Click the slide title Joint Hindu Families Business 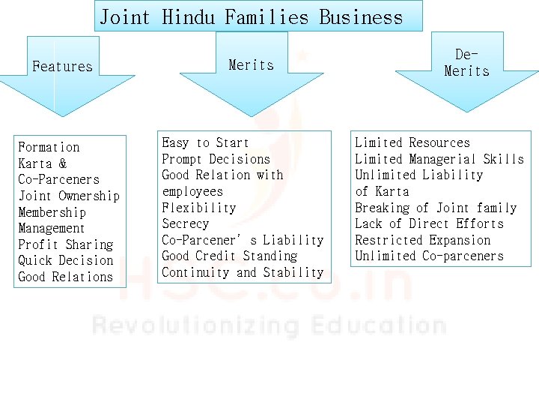(x=251, y=16)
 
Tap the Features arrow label (x=62, y=66)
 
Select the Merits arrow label (x=251, y=65)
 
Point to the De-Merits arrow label (x=466, y=63)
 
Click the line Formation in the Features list (x=49, y=147)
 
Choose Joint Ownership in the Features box (x=68, y=196)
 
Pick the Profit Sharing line (x=65, y=244)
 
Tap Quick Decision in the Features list (x=65, y=260)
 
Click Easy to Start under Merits (x=205, y=142)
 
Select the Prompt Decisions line (x=216, y=159)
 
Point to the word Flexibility (x=198, y=208)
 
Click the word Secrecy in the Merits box (x=185, y=223)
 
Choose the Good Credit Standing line (x=229, y=256)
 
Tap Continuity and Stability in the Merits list (x=243, y=272)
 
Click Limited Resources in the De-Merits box (x=412, y=142)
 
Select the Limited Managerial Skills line (x=439, y=159)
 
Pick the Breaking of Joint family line (x=435, y=208)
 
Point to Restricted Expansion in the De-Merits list (x=422, y=240)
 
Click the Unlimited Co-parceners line (x=429, y=256)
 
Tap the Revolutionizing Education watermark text (x=269, y=325)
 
